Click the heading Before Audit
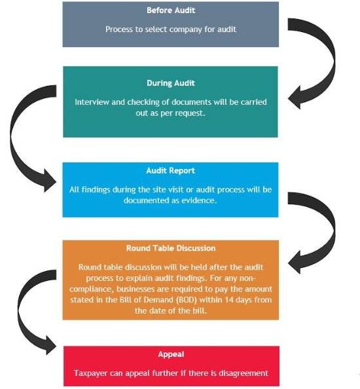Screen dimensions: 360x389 pyautogui.click(x=171, y=10)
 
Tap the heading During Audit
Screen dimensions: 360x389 pyautogui.click(x=171, y=83)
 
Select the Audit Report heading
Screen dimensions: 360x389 pyautogui.click(x=171, y=170)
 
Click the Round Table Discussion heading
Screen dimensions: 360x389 pyautogui.click(x=171, y=248)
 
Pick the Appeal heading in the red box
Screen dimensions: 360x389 pyautogui.click(x=171, y=354)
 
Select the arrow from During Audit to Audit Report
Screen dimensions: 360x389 pyautogui.click(x=13, y=139)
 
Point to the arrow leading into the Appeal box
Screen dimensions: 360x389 pyautogui.click(x=21, y=312)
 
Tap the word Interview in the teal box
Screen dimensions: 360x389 pyautogui.click(x=92, y=102)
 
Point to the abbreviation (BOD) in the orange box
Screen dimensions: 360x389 pyautogui.click(x=187, y=300)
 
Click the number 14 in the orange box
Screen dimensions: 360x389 pyautogui.click(x=229, y=300)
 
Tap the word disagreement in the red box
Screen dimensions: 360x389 pyautogui.click(x=243, y=373)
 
